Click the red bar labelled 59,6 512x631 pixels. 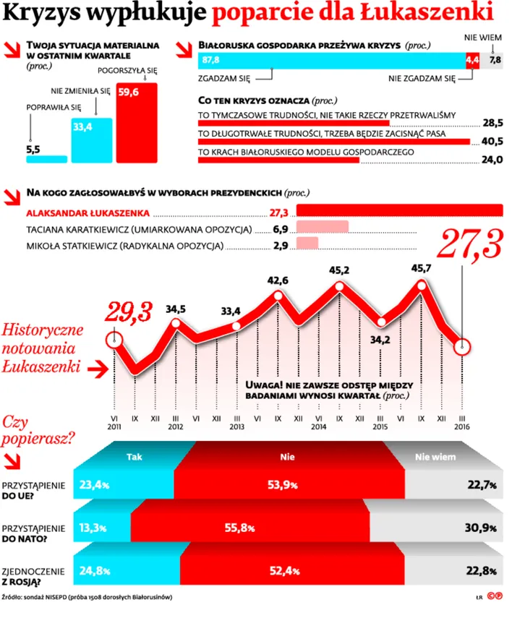[x=137, y=123]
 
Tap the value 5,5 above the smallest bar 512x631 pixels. [x=33, y=150]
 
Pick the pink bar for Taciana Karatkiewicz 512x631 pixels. [x=323, y=228]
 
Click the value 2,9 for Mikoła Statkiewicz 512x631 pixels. [x=281, y=246]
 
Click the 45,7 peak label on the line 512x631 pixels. [x=419, y=268]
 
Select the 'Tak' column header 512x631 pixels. [x=134, y=457]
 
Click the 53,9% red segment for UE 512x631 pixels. [x=281, y=485]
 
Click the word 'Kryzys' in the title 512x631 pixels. [x=46, y=13]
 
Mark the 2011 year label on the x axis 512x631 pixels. [x=115, y=426]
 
